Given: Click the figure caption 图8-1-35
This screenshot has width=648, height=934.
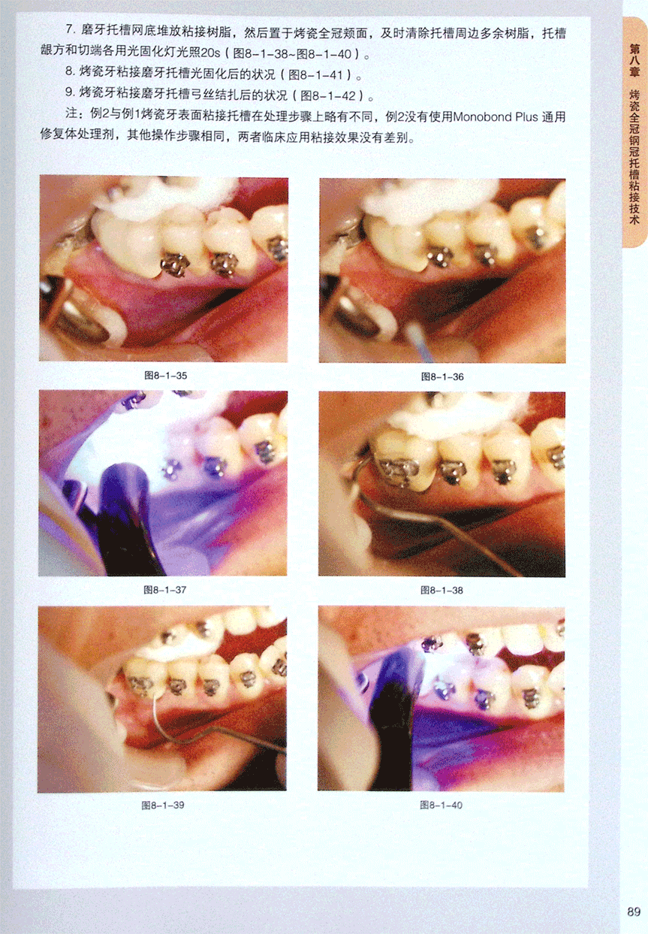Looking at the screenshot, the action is [x=165, y=376].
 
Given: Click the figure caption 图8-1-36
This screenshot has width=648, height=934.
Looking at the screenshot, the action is [x=442, y=377].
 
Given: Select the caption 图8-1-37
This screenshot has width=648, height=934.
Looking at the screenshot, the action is [x=165, y=590].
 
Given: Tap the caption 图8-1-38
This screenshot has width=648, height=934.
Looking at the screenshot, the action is [x=442, y=591].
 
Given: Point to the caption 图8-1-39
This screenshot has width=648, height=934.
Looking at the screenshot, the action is [x=163, y=805].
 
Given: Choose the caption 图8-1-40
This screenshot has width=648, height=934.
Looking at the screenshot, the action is [x=442, y=805].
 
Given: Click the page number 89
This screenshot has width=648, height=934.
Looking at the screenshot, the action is [x=634, y=911].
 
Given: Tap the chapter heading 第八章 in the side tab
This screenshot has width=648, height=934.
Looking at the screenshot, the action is [x=634, y=61].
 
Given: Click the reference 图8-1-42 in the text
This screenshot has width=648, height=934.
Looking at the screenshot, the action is [x=328, y=96].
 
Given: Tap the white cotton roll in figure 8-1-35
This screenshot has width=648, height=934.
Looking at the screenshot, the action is [x=167, y=192].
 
